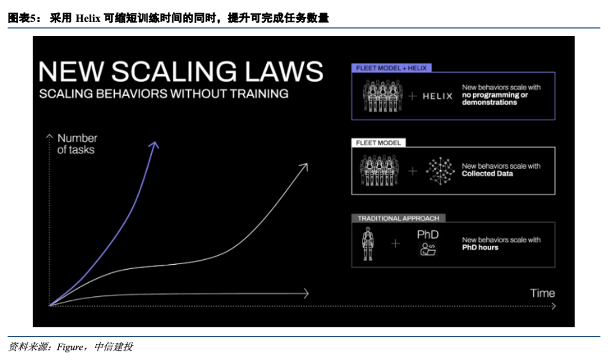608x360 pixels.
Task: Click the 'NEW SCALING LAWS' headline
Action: pos(181,72)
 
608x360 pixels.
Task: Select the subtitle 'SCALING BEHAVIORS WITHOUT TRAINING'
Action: pos(164,94)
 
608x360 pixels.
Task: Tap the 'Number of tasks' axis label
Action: pos(77,144)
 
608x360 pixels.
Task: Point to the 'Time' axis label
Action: pos(543,293)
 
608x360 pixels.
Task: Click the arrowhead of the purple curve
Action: pos(155,145)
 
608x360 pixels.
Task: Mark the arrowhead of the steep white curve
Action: pos(304,167)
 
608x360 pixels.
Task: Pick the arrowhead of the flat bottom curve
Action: pos(306,294)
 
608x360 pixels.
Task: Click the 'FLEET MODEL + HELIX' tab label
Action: pos(391,68)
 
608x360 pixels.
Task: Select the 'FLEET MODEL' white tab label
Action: pos(378,143)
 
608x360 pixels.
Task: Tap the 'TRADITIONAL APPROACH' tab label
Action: pos(398,219)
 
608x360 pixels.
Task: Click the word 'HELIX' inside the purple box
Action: pos(437,96)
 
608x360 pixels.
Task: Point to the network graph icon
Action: pos(440,171)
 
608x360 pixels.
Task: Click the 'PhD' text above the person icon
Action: pos(428,235)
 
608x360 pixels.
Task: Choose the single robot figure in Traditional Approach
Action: pos(368,243)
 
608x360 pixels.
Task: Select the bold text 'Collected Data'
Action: pos(487,174)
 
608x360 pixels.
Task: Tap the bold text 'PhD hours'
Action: pos(480,247)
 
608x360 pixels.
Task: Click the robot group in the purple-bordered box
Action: pos(382,96)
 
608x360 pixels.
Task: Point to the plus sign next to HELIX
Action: pos(413,96)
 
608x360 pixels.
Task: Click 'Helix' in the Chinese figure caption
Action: pos(88,18)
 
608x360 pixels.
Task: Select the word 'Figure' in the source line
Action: pos(70,347)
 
